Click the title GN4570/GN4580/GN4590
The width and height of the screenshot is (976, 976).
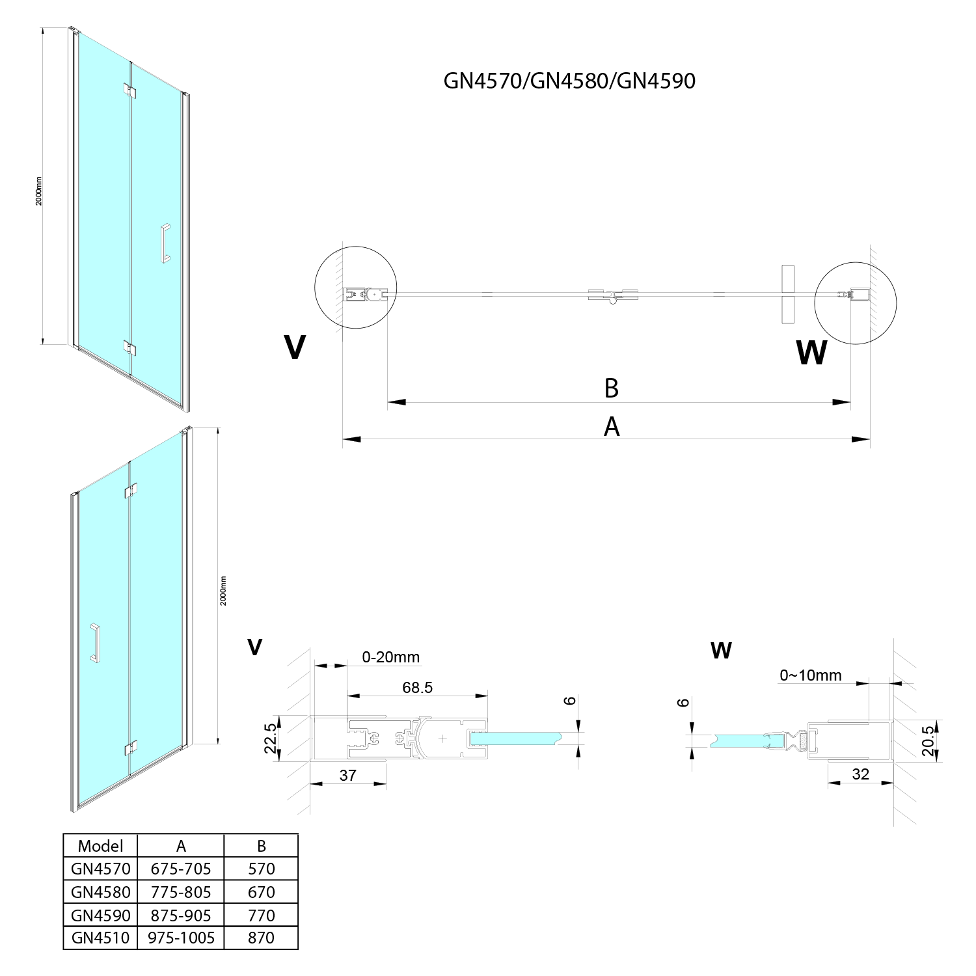[x=569, y=81]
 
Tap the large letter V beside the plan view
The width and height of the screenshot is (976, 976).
[x=295, y=347]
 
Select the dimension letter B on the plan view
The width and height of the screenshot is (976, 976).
[x=611, y=388]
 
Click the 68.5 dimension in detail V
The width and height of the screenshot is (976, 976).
[x=417, y=687]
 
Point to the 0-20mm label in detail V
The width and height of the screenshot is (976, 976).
[x=391, y=657]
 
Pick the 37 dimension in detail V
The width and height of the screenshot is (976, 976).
[x=348, y=775]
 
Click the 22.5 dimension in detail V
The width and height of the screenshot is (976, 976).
[x=271, y=738]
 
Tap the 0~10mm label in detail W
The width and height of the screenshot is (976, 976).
[x=811, y=675]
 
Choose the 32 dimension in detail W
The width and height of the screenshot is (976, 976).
[x=860, y=774]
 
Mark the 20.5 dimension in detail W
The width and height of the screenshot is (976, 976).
[x=929, y=740]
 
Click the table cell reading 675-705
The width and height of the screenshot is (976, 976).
[x=181, y=869]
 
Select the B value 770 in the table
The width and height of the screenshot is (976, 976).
[x=262, y=915]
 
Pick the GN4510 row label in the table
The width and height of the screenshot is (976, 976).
[x=100, y=938]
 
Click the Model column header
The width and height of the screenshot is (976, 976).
[x=100, y=846]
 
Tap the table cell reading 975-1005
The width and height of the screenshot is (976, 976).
[x=181, y=938]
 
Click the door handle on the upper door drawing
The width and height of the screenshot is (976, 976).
[x=165, y=243]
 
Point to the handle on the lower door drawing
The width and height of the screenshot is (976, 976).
[x=95, y=643]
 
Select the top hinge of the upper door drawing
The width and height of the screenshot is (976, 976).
[x=131, y=91]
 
